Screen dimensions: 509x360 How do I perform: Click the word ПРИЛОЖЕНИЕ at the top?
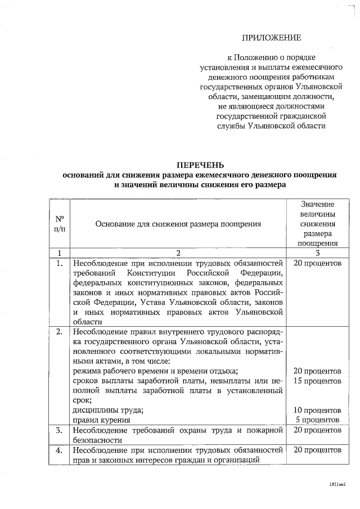(x=272, y=38)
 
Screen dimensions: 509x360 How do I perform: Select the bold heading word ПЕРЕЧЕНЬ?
(x=200, y=165)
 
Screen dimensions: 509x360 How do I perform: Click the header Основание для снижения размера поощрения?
(x=178, y=223)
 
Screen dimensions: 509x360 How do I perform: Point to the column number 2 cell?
(x=178, y=253)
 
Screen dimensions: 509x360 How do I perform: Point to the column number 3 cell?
(x=317, y=253)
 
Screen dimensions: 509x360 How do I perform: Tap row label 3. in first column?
(x=59, y=430)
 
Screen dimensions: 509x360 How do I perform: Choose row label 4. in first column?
(x=59, y=451)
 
